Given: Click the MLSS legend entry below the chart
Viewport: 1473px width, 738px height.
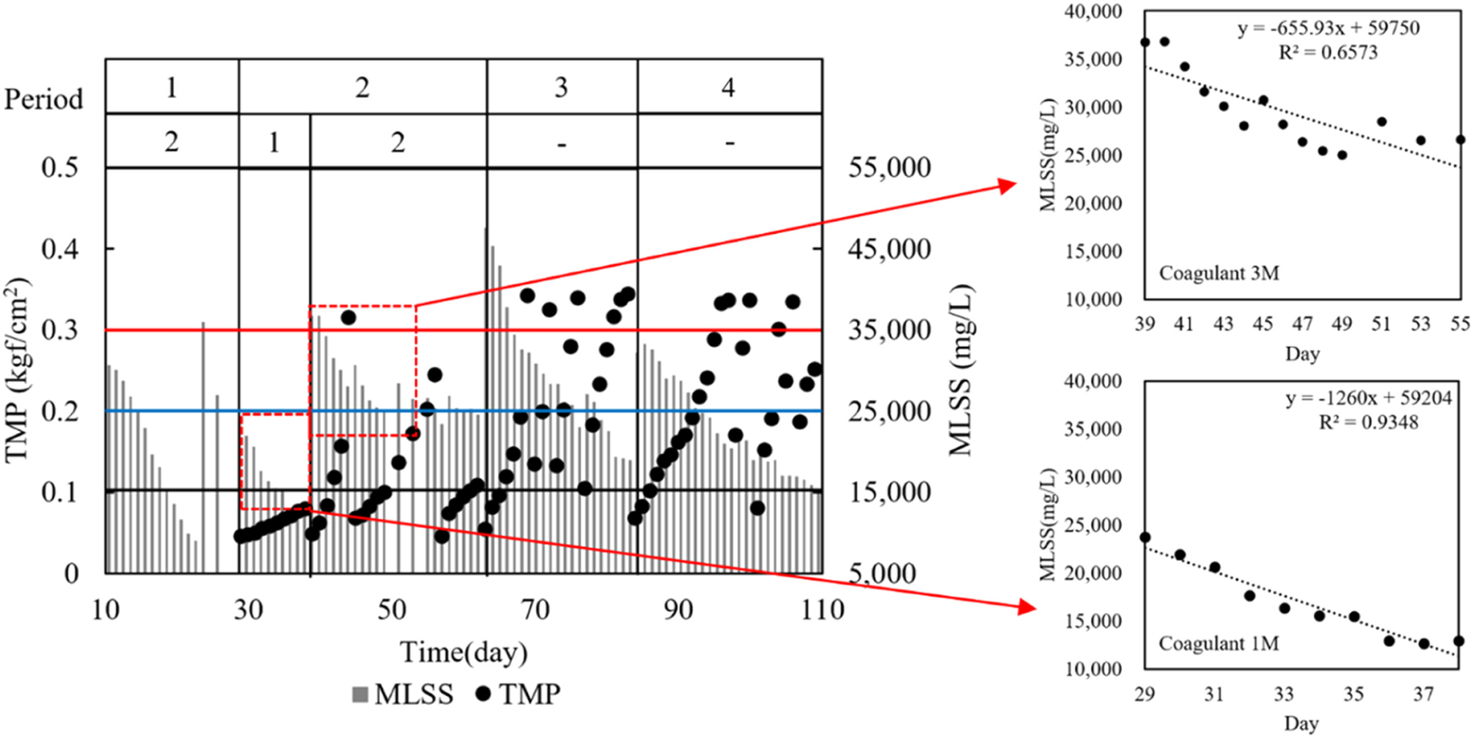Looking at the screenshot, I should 402,694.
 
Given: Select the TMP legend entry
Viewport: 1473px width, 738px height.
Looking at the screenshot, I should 518,694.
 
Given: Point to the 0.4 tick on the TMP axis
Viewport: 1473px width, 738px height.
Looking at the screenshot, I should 59,249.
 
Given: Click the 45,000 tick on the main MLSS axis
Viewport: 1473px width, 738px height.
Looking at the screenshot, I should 889,249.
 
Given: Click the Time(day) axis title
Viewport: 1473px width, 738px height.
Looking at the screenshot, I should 463,652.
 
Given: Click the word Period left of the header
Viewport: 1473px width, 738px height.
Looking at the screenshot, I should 43,99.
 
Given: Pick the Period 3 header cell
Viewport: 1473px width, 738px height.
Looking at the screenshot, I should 562,87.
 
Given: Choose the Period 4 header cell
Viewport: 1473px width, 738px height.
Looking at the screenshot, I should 728,87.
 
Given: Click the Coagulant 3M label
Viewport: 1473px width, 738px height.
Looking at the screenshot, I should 1219,273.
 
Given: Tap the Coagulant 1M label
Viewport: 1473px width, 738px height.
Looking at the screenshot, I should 1218,644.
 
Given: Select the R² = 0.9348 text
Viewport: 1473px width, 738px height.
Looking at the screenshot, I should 1368,423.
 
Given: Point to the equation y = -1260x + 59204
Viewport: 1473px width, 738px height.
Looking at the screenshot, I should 1368,398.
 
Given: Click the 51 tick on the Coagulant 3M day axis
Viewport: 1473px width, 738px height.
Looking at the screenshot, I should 1381,324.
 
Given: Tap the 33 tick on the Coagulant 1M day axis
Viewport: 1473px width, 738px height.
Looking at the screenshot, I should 1284,694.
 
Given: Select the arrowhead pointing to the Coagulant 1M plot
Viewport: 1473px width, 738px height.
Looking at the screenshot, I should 1027,607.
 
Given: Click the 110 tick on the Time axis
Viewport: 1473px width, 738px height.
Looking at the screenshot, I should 822,610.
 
